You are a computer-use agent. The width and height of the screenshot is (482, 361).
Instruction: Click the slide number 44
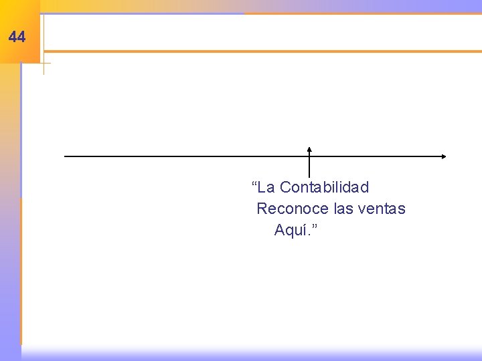click(17, 37)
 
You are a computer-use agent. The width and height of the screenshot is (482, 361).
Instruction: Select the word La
click(267, 187)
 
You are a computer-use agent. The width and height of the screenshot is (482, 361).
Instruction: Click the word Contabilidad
click(324, 187)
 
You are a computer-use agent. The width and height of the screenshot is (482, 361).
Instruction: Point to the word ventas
click(382, 209)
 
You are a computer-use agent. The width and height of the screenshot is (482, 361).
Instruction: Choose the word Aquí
click(291, 231)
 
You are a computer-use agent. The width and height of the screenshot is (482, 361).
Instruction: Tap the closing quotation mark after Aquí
click(314, 227)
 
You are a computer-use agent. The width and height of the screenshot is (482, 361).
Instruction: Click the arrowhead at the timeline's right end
click(443, 156)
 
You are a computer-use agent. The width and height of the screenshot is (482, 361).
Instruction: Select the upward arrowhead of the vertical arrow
click(309, 149)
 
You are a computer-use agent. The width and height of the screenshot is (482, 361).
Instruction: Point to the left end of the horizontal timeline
click(65, 156)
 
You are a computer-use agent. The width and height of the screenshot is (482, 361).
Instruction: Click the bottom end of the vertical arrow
click(309, 176)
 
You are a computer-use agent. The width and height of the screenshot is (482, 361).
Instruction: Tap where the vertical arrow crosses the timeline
click(309, 156)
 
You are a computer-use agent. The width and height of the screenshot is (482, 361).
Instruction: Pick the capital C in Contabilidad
click(285, 187)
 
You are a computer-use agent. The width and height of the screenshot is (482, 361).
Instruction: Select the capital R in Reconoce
click(262, 209)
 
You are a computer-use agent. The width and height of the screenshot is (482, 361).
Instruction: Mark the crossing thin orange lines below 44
click(44, 64)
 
